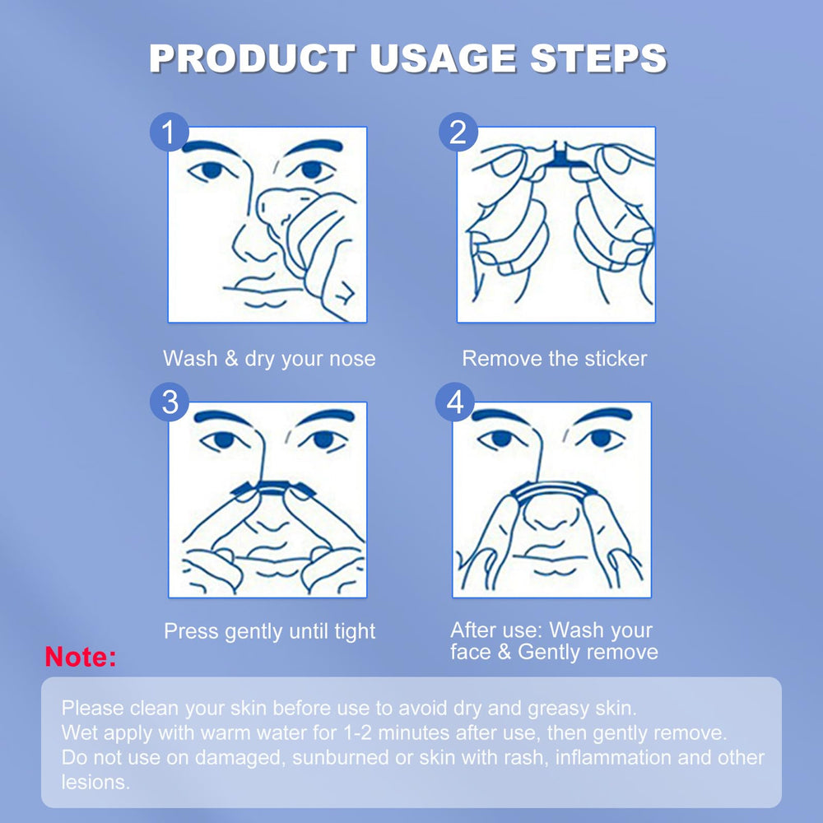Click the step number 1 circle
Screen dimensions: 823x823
(x=169, y=132)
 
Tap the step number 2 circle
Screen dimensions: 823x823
(x=458, y=132)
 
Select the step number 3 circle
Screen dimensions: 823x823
(x=169, y=402)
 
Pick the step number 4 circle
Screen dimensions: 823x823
(x=455, y=402)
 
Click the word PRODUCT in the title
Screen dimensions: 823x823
(x=253, y=58)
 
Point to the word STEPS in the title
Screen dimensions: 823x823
(x=598, y=58)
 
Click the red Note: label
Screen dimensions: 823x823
(x=81, y=657)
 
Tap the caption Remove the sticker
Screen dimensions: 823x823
(x=554, y=359)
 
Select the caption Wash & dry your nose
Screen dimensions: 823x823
(x=269, y=359)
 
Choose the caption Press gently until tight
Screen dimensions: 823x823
(x=269, y=631)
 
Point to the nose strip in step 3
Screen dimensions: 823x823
(x=273, y=488)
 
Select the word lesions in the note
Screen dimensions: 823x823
(x=95, y=782)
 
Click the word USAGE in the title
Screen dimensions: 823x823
(x=443, y=58)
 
